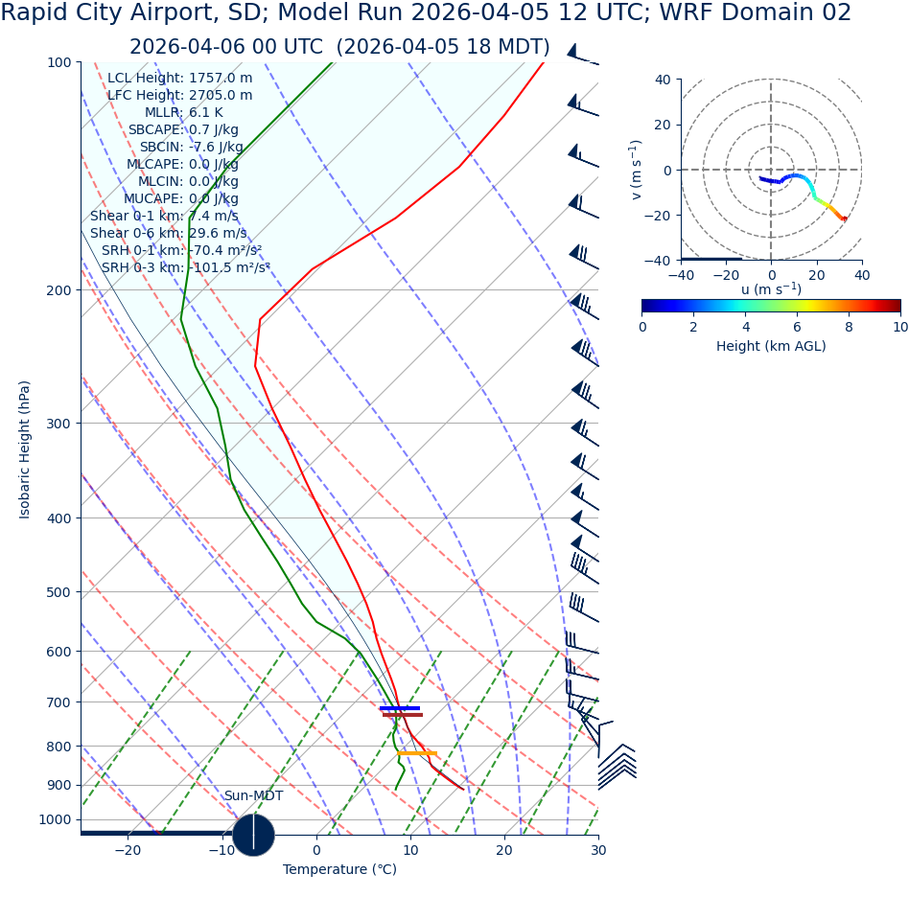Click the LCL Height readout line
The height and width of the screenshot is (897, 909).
pyautogui.click(x=179, y=78)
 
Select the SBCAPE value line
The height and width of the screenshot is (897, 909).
pyautogui.click(x=183, y=129)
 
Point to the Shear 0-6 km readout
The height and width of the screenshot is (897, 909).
pyautogui.click(x=168, y=233)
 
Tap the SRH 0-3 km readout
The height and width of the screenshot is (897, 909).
pyautogui.click(x=185, y=267)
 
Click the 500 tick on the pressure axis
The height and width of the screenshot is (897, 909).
pyautogui.click(x=58, y=592)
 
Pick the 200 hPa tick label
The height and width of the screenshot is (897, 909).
pyautogui.click(x=58, y=290)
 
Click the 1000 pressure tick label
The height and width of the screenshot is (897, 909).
pyautogui.click(x=55, y=819)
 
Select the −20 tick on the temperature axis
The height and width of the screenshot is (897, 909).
pyautogui.click(x=128, y=850)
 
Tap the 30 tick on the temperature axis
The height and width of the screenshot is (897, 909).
pyautogui.click(x=597, y=850)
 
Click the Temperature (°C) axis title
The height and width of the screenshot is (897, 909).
pyautogui.click(x=339, y=869)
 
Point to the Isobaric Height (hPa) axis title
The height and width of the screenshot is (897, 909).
pyautogui.click(x=25, y=449)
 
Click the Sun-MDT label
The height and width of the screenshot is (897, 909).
pyautogui.click(x=253, y=795)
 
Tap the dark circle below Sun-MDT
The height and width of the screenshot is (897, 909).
pyautogui.click(x=253, y=835)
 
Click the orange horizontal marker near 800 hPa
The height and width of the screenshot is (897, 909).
pyautogui.click(x=417, y=753)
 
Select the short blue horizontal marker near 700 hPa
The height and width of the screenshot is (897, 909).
pyautogui.click(x=399, y=708)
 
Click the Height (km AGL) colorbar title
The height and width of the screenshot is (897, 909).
pyautogui.click(x=771, y=346)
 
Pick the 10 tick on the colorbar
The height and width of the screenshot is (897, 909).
pyautogui.click(x=899, y=326)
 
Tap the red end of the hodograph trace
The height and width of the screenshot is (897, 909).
pyautogui.click(x=844, y=219)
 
